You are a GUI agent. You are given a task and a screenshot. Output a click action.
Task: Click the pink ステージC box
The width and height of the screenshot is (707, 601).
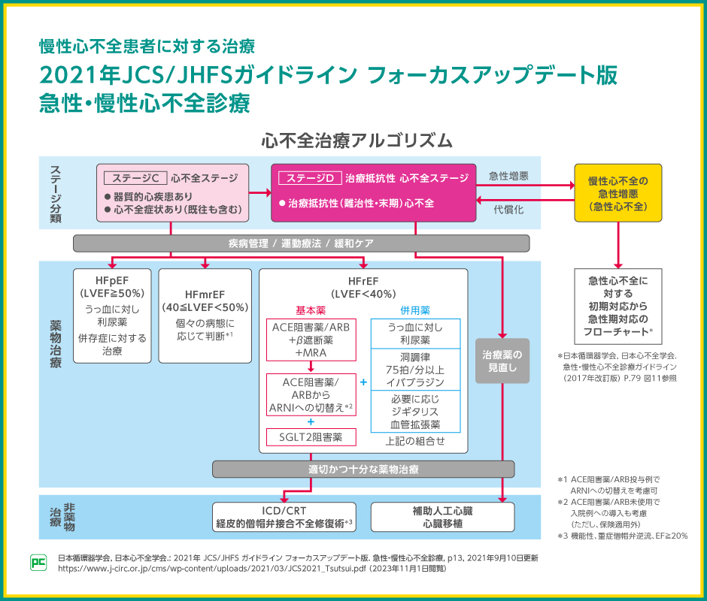click(173, 193)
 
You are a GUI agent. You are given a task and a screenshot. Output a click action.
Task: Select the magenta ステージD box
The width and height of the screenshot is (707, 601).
click(373, 193)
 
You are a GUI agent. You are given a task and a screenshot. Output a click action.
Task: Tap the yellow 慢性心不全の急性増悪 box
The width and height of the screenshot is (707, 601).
click(618, 192)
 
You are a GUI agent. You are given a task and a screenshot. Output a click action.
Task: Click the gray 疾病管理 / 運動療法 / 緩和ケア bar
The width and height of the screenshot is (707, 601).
click(301, 243)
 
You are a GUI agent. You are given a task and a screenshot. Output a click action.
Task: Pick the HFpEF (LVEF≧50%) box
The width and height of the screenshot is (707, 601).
click(112, 316)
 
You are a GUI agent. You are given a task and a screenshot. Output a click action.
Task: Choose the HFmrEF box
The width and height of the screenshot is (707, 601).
click(205, 316)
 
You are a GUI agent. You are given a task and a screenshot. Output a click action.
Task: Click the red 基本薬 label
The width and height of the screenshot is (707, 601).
click(311, 310)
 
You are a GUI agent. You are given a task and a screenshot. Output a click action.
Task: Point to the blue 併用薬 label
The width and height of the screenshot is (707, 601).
click(415, 310)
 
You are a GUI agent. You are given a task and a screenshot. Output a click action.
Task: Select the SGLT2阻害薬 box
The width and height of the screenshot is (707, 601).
click(311, 436)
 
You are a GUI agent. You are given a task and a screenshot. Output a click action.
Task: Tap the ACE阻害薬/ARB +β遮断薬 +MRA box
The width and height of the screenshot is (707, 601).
click(311, 340)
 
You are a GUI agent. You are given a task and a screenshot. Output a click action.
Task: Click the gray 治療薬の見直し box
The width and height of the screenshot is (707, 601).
click(502, 361)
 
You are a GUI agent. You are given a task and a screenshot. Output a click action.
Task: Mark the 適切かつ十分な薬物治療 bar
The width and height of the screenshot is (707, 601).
click(363, 470)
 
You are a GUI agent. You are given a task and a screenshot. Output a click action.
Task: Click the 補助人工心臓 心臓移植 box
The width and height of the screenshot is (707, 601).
click(442, 517)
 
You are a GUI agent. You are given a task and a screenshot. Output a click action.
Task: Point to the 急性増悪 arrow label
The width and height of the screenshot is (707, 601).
click(508, 177)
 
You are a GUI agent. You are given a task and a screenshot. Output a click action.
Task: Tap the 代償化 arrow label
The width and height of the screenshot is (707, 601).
click(508, 210)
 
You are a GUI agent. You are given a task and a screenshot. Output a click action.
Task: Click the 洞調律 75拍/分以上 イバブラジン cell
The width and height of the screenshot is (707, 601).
click(415, 369)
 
